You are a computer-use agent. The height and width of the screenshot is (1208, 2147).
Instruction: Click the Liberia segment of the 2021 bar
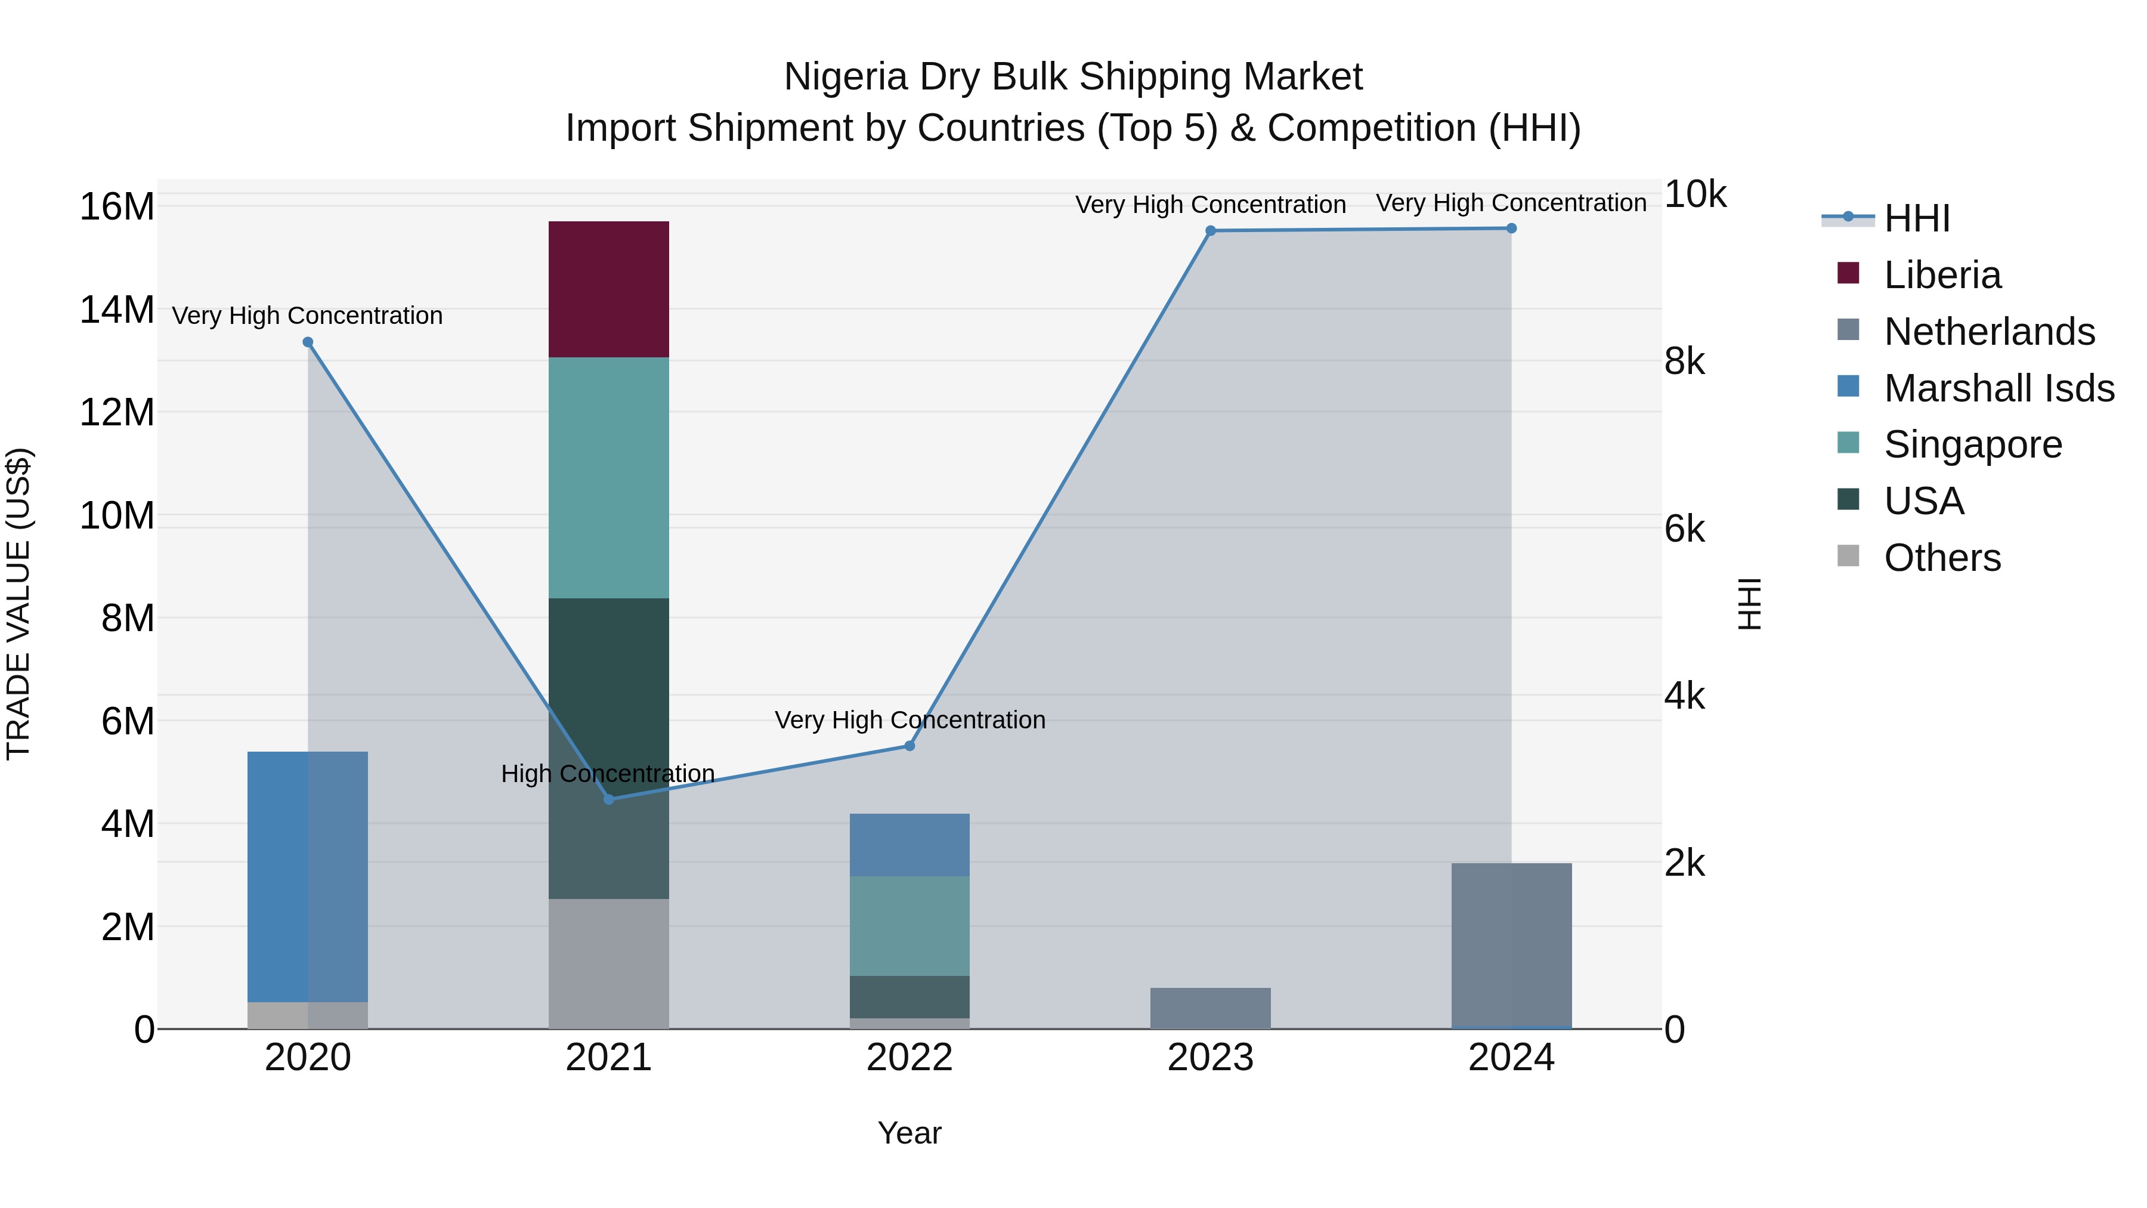pyautogui.click(x=608, y=289)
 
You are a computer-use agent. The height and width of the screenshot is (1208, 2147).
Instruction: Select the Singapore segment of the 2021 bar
pyautogui.click(x=608, y=478)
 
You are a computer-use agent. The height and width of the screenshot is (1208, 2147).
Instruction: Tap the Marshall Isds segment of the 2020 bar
pyautogui.click(x=308, y=876)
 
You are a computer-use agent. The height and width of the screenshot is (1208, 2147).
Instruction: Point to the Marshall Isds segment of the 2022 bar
pyautogui.click(x=909, y=845)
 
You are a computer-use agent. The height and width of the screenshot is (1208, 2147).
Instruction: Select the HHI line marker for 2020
pyautogui.click(x=308, y=342)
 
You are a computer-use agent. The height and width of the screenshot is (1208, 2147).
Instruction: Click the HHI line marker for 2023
pyautogui.click(x=1210, y=231)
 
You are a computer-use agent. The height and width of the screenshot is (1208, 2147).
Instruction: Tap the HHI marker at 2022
pyautogui.click(x=909, y=745)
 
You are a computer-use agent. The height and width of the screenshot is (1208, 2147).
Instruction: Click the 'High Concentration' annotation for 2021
pyautogui.click(x=608, y=774)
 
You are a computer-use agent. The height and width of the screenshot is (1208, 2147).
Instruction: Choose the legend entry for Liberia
pyautogui.click(x=1942, y=275)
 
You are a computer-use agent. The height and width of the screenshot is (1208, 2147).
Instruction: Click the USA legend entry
pyautogui.click(x=1923, y=501)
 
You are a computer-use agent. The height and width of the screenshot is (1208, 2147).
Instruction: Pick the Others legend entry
pyautogui.click(x=1942, y=558)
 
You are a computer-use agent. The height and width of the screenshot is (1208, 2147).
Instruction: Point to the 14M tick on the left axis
pyautogui.click(x=117, y=310)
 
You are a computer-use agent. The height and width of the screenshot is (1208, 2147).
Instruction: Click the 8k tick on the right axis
pyautogui.click(x=1684, y=362)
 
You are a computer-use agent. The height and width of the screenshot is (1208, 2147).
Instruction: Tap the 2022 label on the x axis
pyautogui.click(x=909, y=1058)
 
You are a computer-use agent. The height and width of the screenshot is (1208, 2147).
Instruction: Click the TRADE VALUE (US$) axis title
pyautogui.click(x=18, y=604)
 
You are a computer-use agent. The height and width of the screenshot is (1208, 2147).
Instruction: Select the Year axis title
pyautogui.click(x=909, y=1133)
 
